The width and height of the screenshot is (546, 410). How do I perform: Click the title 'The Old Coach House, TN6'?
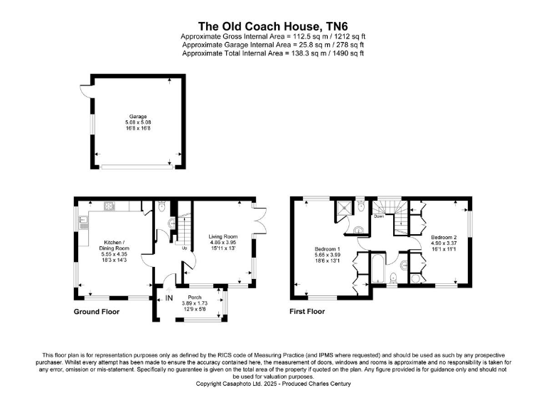point(273,23)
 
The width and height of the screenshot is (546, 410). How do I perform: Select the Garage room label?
point(138,116)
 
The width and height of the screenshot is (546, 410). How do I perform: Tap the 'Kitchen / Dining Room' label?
point(114,244)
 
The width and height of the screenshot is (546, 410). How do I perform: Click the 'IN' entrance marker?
point(169,298)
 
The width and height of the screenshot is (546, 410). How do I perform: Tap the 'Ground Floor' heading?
point(97,312)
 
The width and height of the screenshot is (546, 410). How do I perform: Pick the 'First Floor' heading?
point(307,312)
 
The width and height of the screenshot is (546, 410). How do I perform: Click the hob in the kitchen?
point(110,207)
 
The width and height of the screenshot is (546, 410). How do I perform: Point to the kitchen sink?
point(83,221)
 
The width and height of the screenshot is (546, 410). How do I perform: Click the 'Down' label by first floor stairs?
point(379,216)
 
